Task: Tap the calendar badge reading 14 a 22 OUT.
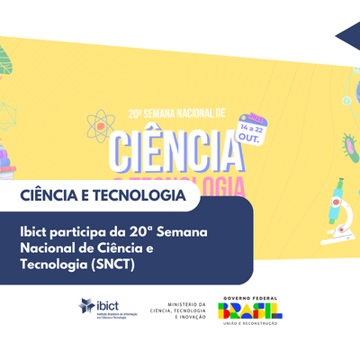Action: (252, 131)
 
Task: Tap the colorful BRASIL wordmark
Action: (250, 311)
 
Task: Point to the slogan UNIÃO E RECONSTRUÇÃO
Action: (250, 326)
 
